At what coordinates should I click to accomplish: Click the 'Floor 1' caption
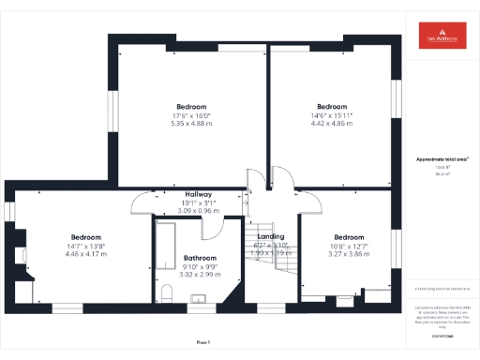coord(202,343)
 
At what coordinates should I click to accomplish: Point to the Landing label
coord(270,236)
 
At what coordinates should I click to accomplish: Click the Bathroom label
coord(200,258)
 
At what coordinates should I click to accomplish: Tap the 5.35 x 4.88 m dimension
coord(190,124)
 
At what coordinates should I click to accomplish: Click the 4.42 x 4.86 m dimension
coord(332,124)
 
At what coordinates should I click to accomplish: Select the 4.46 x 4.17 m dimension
coord(85,254)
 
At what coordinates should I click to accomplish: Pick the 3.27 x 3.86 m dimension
coord(349,254)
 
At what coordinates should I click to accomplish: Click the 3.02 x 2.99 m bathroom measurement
coord(200,275)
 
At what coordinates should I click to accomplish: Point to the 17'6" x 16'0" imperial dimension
coord(190,115)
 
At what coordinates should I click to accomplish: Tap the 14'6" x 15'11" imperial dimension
coord(332,115)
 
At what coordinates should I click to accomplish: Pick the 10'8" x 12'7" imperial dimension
coord(349,246)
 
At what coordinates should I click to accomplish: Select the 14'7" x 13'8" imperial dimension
coord(85,246)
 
